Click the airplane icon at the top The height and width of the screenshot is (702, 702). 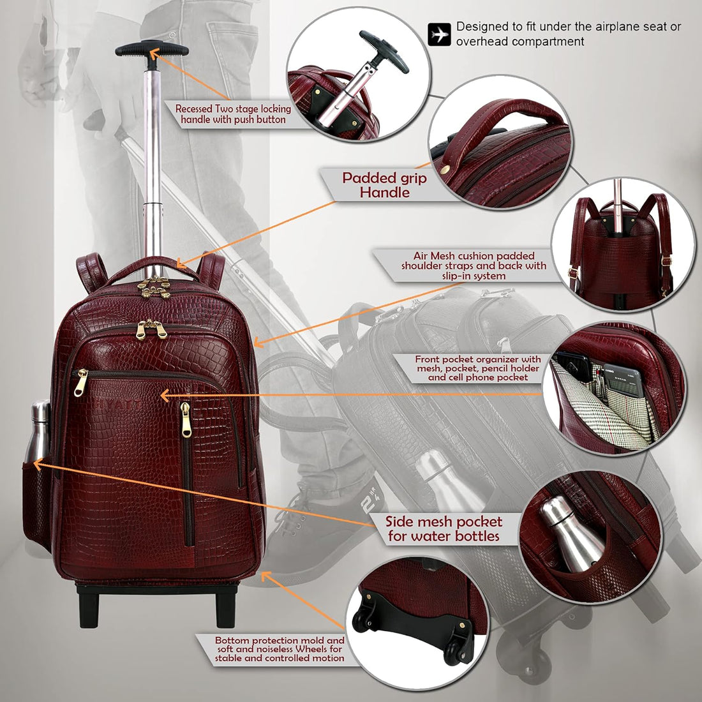[439, 34]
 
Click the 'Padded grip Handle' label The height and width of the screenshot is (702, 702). [384, 184]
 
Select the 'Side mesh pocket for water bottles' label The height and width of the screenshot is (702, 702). [444, 529]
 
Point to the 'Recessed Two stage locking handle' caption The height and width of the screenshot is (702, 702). [233, 114]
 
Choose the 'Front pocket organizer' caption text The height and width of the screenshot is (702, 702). [478, 368]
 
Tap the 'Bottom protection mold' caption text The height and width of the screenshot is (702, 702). [280, 648]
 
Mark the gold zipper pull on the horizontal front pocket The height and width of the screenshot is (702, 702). [81, 382]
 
